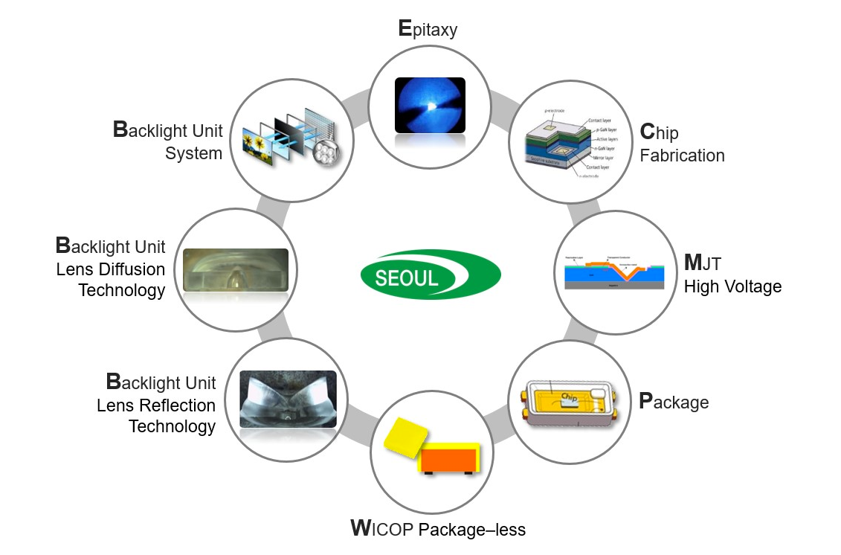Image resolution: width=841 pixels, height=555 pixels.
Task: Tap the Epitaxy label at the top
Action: [x=428, y=29]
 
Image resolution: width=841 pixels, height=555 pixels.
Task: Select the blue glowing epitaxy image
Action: [x=429, y=106]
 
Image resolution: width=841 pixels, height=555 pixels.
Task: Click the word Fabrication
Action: [x=682, y=155]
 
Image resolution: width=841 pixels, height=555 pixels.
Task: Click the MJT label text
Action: [x=703, y=263]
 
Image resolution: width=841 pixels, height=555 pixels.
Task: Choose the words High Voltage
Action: [x=732, y=286]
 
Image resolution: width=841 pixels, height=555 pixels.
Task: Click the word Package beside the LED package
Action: [x=674, y=402]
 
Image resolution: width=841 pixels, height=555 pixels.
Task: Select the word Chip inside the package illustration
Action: [x=569, y=397]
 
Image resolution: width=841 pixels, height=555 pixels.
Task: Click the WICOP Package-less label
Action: [x=438, y=529]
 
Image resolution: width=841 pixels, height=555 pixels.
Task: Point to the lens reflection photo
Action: [x=288, y=399]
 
